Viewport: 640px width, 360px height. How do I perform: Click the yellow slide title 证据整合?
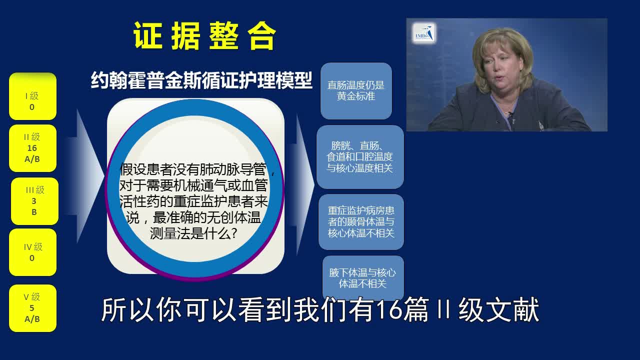pos(204,35)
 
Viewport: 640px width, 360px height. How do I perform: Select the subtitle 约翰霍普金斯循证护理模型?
pos(201,80)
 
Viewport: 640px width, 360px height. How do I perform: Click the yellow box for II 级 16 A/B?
pos(32,148)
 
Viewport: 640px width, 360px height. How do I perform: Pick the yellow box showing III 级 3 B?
pos(34,201)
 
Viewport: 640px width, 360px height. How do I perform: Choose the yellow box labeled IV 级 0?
pos(32,252)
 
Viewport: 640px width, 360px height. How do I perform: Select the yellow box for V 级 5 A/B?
pos(32,308)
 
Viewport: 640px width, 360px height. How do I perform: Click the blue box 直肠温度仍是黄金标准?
pos(356,91)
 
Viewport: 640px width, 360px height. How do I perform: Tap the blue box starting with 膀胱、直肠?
pos(360,157)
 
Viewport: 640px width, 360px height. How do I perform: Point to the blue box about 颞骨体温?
pos(361,222)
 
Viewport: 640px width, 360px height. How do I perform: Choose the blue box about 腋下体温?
pos(363,278)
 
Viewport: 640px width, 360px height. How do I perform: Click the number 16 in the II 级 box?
pos(32,148)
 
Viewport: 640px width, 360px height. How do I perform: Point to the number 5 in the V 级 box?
pos(32,308)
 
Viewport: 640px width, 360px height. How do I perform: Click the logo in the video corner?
pos(424,33)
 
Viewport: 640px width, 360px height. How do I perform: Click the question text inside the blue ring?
pos(195,201)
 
